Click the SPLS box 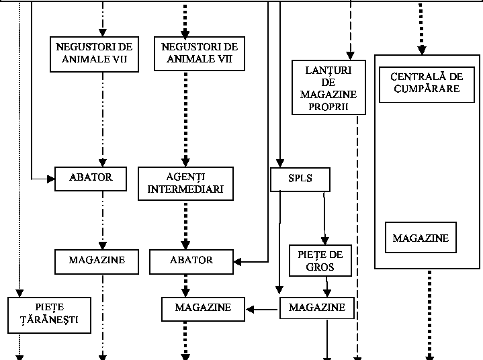(300, 179)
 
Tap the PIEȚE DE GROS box (321, 261)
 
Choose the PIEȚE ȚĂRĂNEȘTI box (50, 314)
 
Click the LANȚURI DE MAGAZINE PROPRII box (328, 87)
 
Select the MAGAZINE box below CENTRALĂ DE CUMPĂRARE (421, 238)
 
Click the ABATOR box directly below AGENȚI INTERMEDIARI (192, 261)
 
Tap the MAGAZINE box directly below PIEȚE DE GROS (316, 308)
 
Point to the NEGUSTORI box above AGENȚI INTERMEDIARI (196, 53)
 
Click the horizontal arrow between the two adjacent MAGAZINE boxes (261, 310)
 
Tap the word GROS (321, 267)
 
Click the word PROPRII (328, 106)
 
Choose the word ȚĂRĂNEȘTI (50, 320)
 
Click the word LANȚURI (328, 69)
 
